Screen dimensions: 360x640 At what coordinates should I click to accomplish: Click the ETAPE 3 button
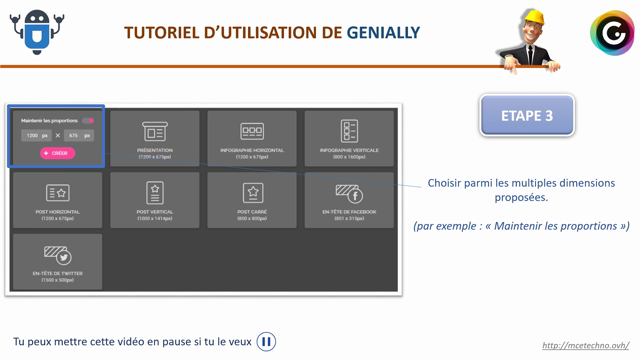point(527,116)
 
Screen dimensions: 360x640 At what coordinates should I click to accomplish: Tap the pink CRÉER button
point(57,153)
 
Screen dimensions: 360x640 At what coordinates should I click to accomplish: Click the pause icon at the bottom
point(266,342)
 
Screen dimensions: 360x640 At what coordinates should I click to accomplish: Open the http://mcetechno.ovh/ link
point(585,346)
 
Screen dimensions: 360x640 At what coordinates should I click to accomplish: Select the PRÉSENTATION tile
point(155,138)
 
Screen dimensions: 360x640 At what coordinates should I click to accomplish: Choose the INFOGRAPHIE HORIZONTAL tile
point(252,138)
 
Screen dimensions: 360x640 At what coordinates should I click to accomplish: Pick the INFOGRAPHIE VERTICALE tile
point(349,138)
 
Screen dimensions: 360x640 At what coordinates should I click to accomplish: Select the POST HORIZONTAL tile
point(58,199)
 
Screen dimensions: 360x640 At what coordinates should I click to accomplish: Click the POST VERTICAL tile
point(155,199)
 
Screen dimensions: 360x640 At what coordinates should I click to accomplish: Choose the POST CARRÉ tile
point(252,199)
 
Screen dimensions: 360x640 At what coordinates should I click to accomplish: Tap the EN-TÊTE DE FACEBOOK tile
point(349,199)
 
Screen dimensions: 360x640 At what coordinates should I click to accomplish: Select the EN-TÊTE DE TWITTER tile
point(58,261)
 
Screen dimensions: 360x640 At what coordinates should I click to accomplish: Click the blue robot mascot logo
point(37,32)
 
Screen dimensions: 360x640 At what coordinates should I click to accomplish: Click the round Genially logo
point(612,34)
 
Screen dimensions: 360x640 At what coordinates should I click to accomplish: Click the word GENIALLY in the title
point(383,33)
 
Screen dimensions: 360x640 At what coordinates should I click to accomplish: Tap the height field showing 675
point(79,135)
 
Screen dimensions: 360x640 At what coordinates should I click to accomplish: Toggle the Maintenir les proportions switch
point(88,121)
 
